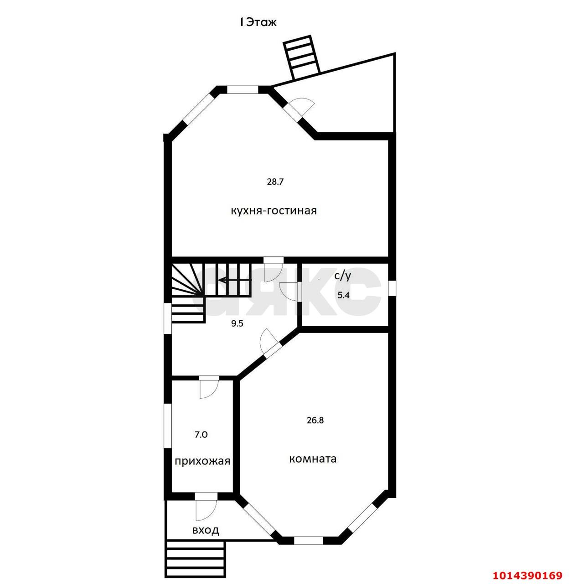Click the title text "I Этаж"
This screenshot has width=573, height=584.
(x=258, y=22)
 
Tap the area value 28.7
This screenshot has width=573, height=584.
(x=275, y=182)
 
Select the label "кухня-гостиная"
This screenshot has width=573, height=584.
(x=274, y=210)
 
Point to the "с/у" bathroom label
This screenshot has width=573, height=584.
(x=342, y=276)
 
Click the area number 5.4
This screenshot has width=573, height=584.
(x=343, y=295)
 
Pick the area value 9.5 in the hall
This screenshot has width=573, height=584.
(x=237, y=323)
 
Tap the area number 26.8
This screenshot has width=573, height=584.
(x=315, y=420)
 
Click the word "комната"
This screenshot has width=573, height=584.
(x=313, y=459)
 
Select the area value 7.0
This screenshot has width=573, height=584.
(x=201, y=435)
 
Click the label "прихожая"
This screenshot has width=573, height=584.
(x=202, y=461)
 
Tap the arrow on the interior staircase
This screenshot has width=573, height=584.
(x=235, y=280)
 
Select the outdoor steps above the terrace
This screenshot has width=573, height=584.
(x=302, y=58)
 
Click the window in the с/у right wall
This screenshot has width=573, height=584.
(x=392, y=287)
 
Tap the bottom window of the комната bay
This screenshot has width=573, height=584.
(x=308, y=541)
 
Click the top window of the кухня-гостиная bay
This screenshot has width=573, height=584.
(x=243, y=90)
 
